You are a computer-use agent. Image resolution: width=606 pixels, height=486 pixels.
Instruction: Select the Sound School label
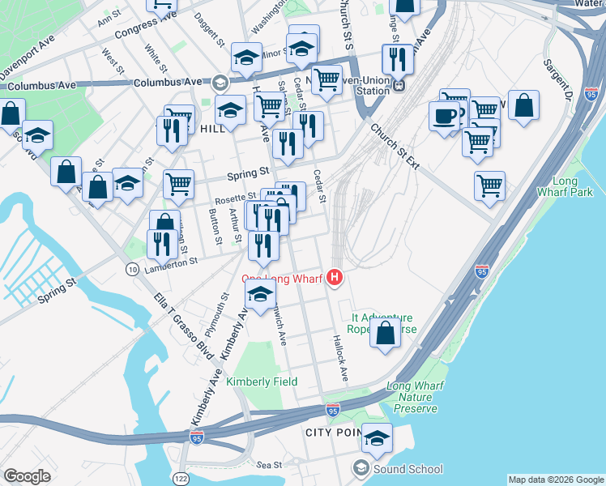point(408,469)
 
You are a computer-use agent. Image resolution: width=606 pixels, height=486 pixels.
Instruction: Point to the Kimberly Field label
point(262,382)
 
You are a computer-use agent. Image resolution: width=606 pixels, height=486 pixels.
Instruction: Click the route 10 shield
point(131,268)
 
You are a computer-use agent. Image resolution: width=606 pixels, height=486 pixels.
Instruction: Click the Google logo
point(27,476)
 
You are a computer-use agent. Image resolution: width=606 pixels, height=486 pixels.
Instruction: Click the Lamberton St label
point(170,262)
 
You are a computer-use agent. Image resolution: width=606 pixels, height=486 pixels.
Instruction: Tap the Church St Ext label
point(395,146)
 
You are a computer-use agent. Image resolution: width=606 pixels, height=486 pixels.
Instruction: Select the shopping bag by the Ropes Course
point(386,332)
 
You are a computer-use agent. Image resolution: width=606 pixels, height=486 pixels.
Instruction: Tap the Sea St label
point(269,465)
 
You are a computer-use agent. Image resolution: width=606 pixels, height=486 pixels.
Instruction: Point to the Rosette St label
point(235,195)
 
